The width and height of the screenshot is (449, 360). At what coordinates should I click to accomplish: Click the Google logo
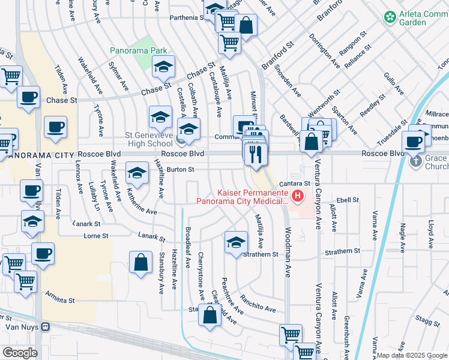click(20, 352)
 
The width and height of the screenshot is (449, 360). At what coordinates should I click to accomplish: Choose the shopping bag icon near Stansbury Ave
click(140, 263)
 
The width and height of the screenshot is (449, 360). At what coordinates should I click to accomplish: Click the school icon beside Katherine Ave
click(137, 174)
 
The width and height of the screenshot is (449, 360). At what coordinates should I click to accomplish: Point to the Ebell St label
click(347, 200)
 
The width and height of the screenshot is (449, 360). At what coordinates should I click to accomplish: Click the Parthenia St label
click(185, 17)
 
